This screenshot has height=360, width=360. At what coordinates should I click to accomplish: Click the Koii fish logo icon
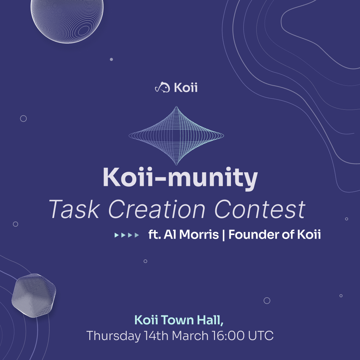tap(163, 87)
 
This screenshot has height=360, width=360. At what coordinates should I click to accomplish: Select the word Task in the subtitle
tap(74, 209)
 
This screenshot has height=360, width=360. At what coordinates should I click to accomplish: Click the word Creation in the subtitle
tap(157, 209)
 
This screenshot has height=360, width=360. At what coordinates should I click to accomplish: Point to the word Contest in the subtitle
tap(260, 209)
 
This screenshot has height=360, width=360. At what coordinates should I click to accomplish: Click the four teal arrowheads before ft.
tap(127, 235)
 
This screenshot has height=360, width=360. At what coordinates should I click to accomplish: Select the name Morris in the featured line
tap(199, 235)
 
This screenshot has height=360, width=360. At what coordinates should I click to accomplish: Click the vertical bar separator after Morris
tap(224, 235)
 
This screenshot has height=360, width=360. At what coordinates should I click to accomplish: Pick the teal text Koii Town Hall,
tap(179, 320)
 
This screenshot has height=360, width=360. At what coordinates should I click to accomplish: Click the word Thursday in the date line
tap(113, 336)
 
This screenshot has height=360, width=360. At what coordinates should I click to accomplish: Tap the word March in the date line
tap(190, 336)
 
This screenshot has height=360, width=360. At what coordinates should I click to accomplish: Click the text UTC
tap(261, 336)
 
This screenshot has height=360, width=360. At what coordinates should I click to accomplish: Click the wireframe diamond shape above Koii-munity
tap(176, 136)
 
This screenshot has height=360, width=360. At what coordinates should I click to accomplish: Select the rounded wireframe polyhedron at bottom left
tap(34, 295)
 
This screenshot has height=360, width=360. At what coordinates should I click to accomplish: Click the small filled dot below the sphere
tap(111, 59)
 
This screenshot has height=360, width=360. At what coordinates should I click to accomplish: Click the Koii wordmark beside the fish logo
tap(186, 87)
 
